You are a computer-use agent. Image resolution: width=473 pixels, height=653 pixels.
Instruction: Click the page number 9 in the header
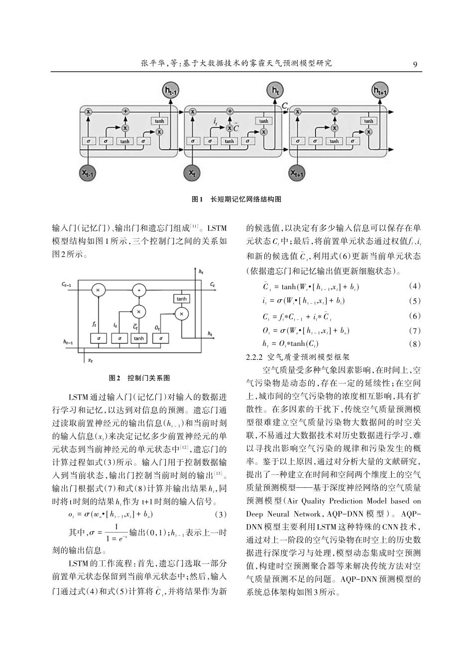coord(415,63)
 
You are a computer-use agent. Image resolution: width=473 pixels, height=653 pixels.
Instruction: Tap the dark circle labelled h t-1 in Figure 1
coord(171,91)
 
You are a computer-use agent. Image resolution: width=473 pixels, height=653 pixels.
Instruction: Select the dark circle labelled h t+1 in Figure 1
coord(380,91)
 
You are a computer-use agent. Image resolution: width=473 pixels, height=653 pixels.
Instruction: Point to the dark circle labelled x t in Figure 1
coord(192,173)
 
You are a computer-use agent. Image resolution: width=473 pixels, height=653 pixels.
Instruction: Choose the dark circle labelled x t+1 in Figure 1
coord(297,173)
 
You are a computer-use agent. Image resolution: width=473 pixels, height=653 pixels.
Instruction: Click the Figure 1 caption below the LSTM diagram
coord(236,199)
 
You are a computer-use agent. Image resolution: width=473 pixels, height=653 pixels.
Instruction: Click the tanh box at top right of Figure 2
coord(181,299)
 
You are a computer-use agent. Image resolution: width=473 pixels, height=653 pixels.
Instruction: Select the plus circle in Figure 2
coord(139,291)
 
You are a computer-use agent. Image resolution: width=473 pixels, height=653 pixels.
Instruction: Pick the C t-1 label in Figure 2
coord(67,284)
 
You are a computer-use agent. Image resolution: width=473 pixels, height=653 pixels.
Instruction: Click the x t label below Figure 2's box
coord(90,360)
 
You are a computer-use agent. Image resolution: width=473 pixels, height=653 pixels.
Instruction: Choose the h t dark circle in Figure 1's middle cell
coord(275,91)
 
